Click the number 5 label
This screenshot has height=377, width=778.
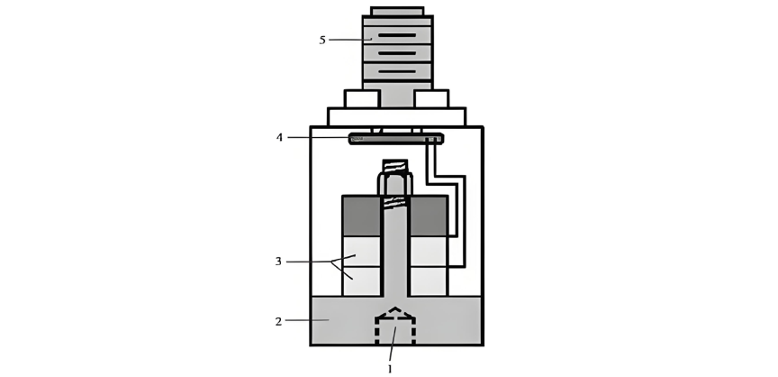coord(322,41)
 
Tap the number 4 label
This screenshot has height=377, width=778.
coord(280,138)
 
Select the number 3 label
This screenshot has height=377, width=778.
coord(278,262)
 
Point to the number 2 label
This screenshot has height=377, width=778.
coord(278,321)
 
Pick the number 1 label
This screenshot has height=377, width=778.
coord(390,369)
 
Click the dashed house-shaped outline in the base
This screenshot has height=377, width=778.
coord(395,326)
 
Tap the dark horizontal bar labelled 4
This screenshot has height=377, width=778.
coord(396,139)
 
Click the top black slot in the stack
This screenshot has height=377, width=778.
coord(397,35)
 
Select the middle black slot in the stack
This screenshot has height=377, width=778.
coord(397,53)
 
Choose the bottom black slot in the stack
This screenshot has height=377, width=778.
coord(397,71)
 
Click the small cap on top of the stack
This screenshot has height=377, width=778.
coord(397,12)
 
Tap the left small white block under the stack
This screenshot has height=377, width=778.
coord(362,99)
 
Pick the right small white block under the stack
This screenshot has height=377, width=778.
coord(431,99)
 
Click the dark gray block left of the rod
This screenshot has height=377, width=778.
coord(362,216)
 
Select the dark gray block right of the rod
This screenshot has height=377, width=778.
coord(429,216)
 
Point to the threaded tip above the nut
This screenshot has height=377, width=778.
coord(395,166)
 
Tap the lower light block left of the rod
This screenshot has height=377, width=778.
coord(362,281)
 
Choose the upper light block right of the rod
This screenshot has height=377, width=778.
coord(429,252)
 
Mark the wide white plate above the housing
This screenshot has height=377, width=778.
coord(396,117)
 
